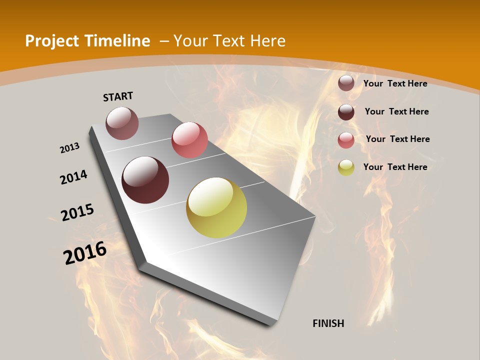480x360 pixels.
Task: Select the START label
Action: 118,96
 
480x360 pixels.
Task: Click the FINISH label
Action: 328,323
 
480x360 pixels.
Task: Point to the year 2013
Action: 70,148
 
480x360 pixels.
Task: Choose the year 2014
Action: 74,177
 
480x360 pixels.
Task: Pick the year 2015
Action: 77,212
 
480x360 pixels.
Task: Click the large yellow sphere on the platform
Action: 216,207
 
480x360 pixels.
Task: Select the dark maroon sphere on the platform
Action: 145,180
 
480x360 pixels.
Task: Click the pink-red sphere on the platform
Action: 189,140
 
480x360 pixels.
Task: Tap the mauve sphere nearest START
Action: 122,123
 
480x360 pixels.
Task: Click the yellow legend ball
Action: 346,167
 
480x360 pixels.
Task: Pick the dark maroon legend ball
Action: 346,112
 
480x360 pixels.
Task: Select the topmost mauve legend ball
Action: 346,83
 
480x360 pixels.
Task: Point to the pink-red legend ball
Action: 346,140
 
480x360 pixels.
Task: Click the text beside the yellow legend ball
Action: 395,167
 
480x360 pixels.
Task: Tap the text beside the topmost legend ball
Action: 395,83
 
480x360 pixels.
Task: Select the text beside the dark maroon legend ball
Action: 397,111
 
